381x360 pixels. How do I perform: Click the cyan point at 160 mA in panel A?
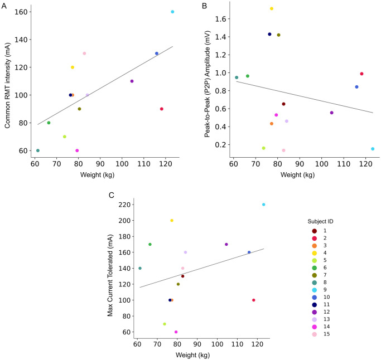coord(172,12)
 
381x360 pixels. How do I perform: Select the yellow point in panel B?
coord(272,9)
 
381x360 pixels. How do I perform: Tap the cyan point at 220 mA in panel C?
coord(264,205)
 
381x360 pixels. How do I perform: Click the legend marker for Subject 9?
coord(315,290)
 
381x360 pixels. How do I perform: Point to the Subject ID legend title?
coord(320,221)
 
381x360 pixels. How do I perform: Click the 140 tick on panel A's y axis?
coord(21,40)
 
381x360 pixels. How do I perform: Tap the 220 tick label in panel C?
coord(124,205)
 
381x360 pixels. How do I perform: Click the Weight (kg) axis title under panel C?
coord(192,355)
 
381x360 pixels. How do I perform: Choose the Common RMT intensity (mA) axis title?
coord(7,86)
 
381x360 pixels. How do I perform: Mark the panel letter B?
coord(205,6)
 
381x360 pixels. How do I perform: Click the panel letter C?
coord(111,195)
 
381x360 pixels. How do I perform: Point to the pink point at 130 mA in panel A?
coord(84,53)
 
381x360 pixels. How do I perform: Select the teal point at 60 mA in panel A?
coord(38,150)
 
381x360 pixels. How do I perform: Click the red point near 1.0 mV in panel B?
coord(361,74)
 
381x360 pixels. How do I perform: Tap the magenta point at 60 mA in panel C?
coord(176,332)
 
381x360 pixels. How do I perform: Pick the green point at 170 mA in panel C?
coord(150,245)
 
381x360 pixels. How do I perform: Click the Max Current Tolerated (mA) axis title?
coord(110,275)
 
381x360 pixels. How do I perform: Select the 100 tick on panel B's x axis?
coord(321,164)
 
